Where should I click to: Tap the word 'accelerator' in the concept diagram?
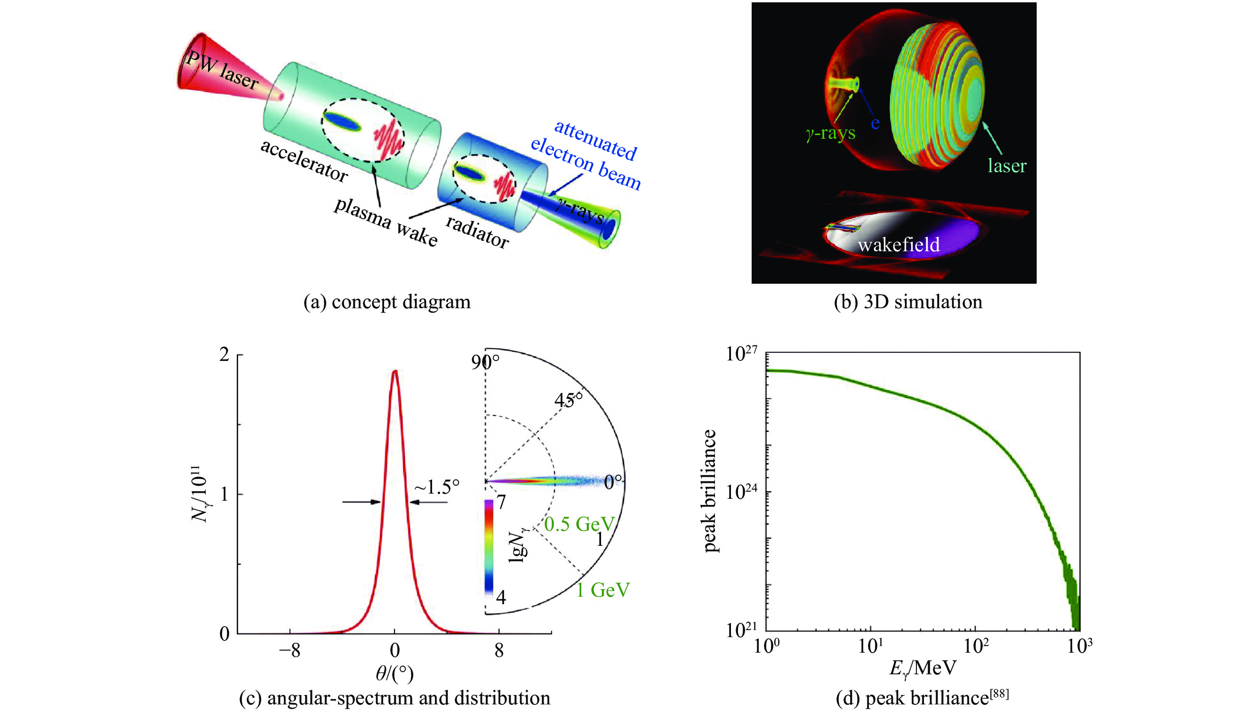coord(304,160)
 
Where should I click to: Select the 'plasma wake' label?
coord(385,222)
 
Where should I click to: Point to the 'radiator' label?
coord(477,232)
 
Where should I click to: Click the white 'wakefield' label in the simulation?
coord(899,244)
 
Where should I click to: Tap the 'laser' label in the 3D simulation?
coord(1007,166)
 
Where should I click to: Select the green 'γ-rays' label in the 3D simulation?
coord(831,133)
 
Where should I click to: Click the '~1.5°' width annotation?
coord(437,487)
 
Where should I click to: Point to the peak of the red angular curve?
coord(395,371)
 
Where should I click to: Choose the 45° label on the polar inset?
coord(569,400)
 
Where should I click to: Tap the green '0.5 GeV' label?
coord(579,524)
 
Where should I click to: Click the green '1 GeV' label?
coord(602,590)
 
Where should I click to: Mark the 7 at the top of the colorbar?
coord(501,503)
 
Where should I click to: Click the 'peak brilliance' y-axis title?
coord(709,491)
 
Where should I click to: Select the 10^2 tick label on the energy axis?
coord(975,647)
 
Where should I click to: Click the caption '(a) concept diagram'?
coord(387,302)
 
